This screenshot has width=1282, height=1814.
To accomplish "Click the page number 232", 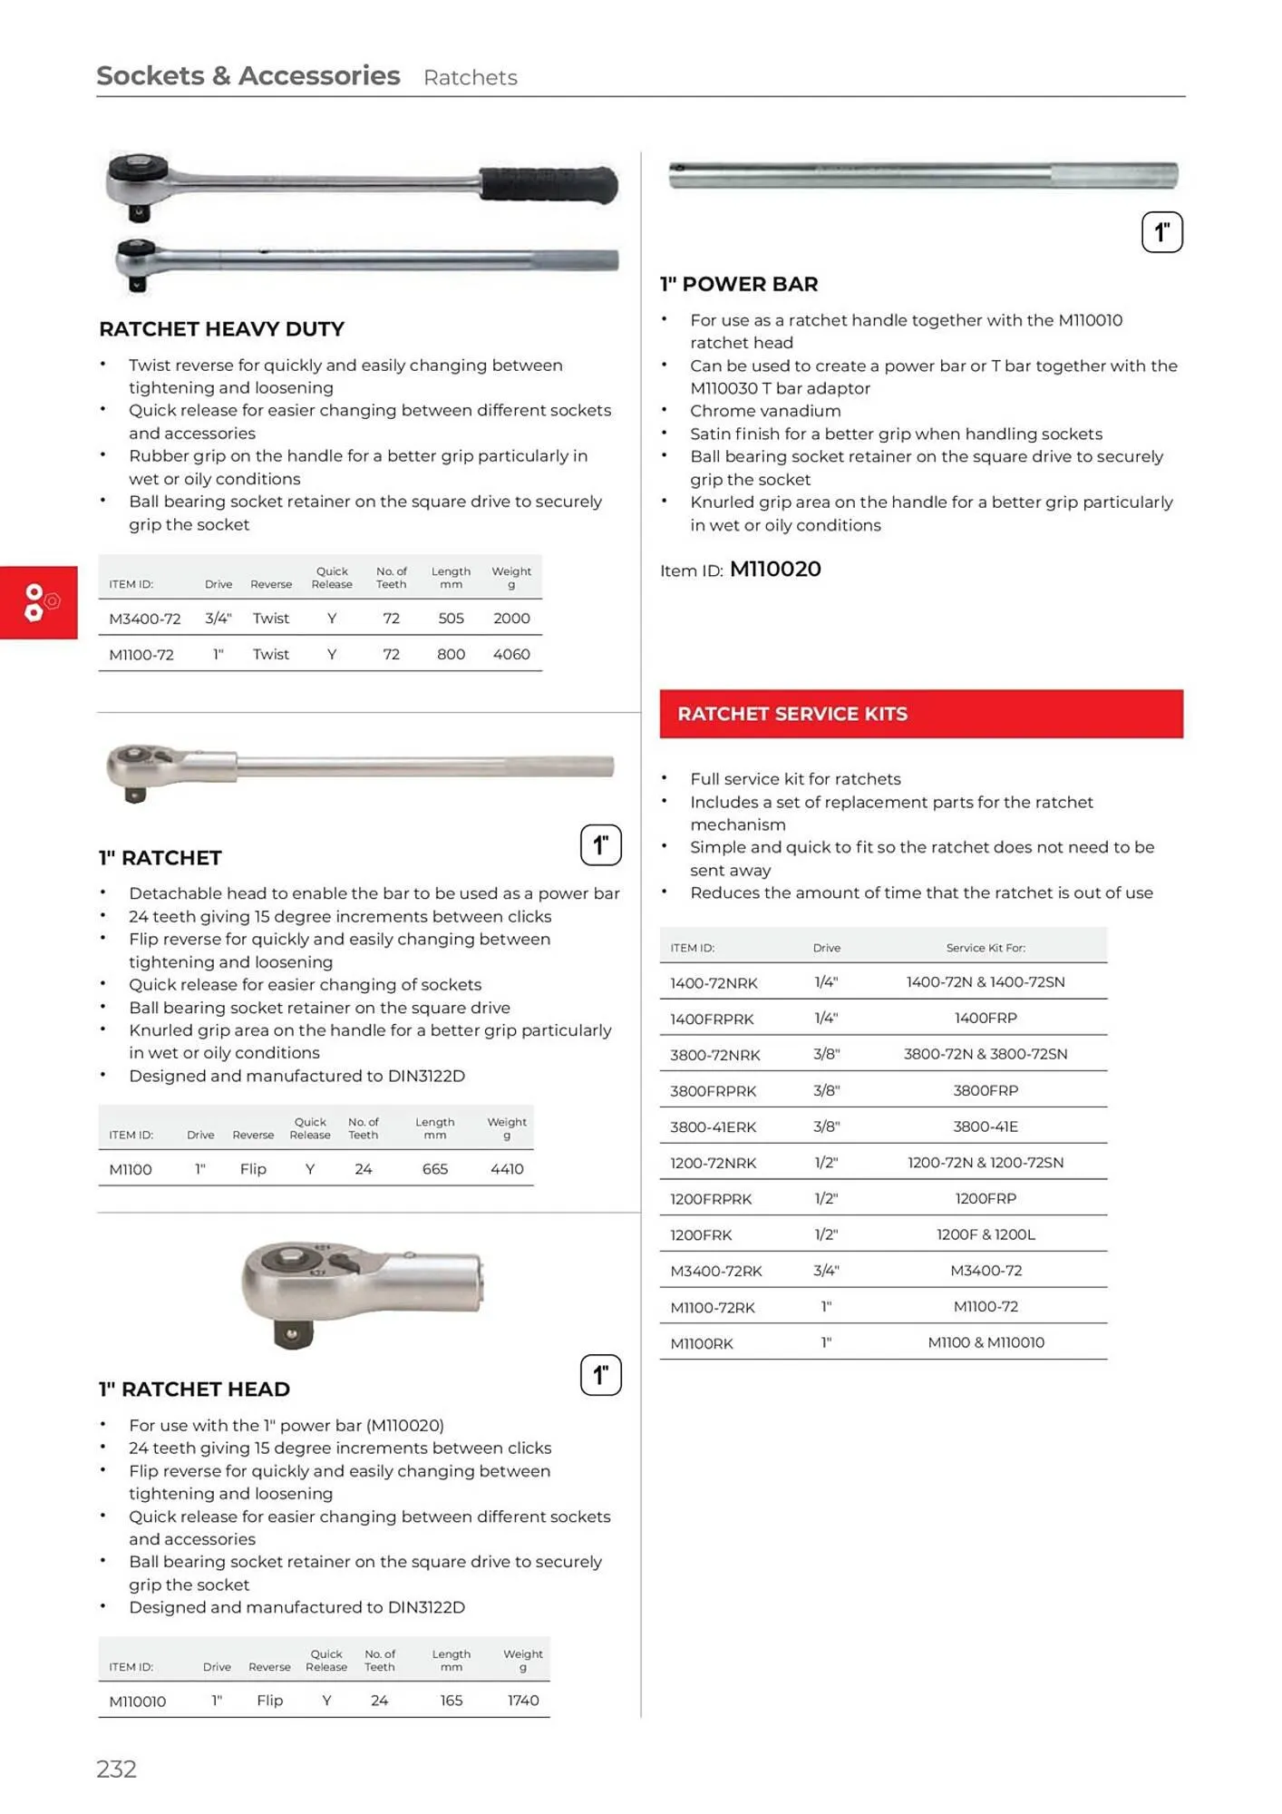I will pos(116,1768).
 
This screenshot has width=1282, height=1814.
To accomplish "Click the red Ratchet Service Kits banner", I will pos(920,714).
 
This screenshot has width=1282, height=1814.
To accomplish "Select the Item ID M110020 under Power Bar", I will pos(774,570).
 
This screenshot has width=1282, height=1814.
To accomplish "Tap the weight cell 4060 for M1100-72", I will pos(511,654).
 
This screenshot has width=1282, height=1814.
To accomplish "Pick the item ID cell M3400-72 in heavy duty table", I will pos(144,619).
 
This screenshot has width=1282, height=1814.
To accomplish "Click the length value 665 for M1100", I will pos(434,1169).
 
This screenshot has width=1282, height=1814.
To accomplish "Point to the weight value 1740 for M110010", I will pos(522,1701).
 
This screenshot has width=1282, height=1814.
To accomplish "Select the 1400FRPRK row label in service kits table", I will pos(712,1019).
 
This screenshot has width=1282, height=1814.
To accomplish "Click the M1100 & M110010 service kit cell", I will pos(986,1342).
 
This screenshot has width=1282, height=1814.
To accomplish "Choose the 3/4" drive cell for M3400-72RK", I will pos(826,1271).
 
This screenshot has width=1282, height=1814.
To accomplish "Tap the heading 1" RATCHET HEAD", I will pos(194,1390).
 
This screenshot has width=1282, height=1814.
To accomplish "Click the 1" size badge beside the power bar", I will pos(1161,232).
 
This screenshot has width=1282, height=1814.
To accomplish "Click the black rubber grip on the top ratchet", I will pos(548,184).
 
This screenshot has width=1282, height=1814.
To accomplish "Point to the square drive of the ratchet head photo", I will pos(291,1333).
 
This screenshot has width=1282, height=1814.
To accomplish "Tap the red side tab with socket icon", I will pos(38,602).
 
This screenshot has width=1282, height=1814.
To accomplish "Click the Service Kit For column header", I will pos(986,948).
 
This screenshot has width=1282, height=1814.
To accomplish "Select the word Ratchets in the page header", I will pos(470,78).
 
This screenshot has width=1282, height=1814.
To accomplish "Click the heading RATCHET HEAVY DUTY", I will pos(221,329).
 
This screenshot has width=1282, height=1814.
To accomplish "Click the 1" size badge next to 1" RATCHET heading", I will pos(600,845).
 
